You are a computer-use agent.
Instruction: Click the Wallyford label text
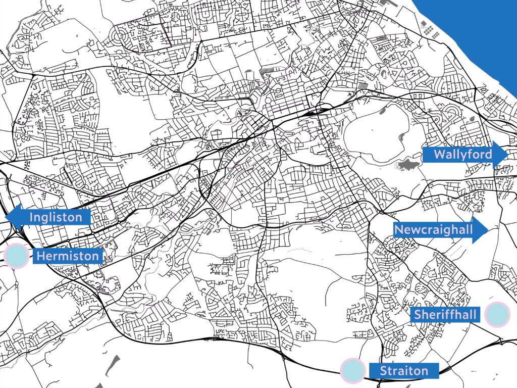click(462, 154)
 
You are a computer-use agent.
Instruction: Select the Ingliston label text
click(56, 218)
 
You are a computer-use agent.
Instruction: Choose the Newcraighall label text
click(433, 230)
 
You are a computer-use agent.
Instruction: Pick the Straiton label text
click(403, 371)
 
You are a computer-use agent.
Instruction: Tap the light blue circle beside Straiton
click(352, 370)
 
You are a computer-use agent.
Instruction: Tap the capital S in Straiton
click(383, 371)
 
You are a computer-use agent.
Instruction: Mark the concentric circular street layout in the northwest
click(124, 36)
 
